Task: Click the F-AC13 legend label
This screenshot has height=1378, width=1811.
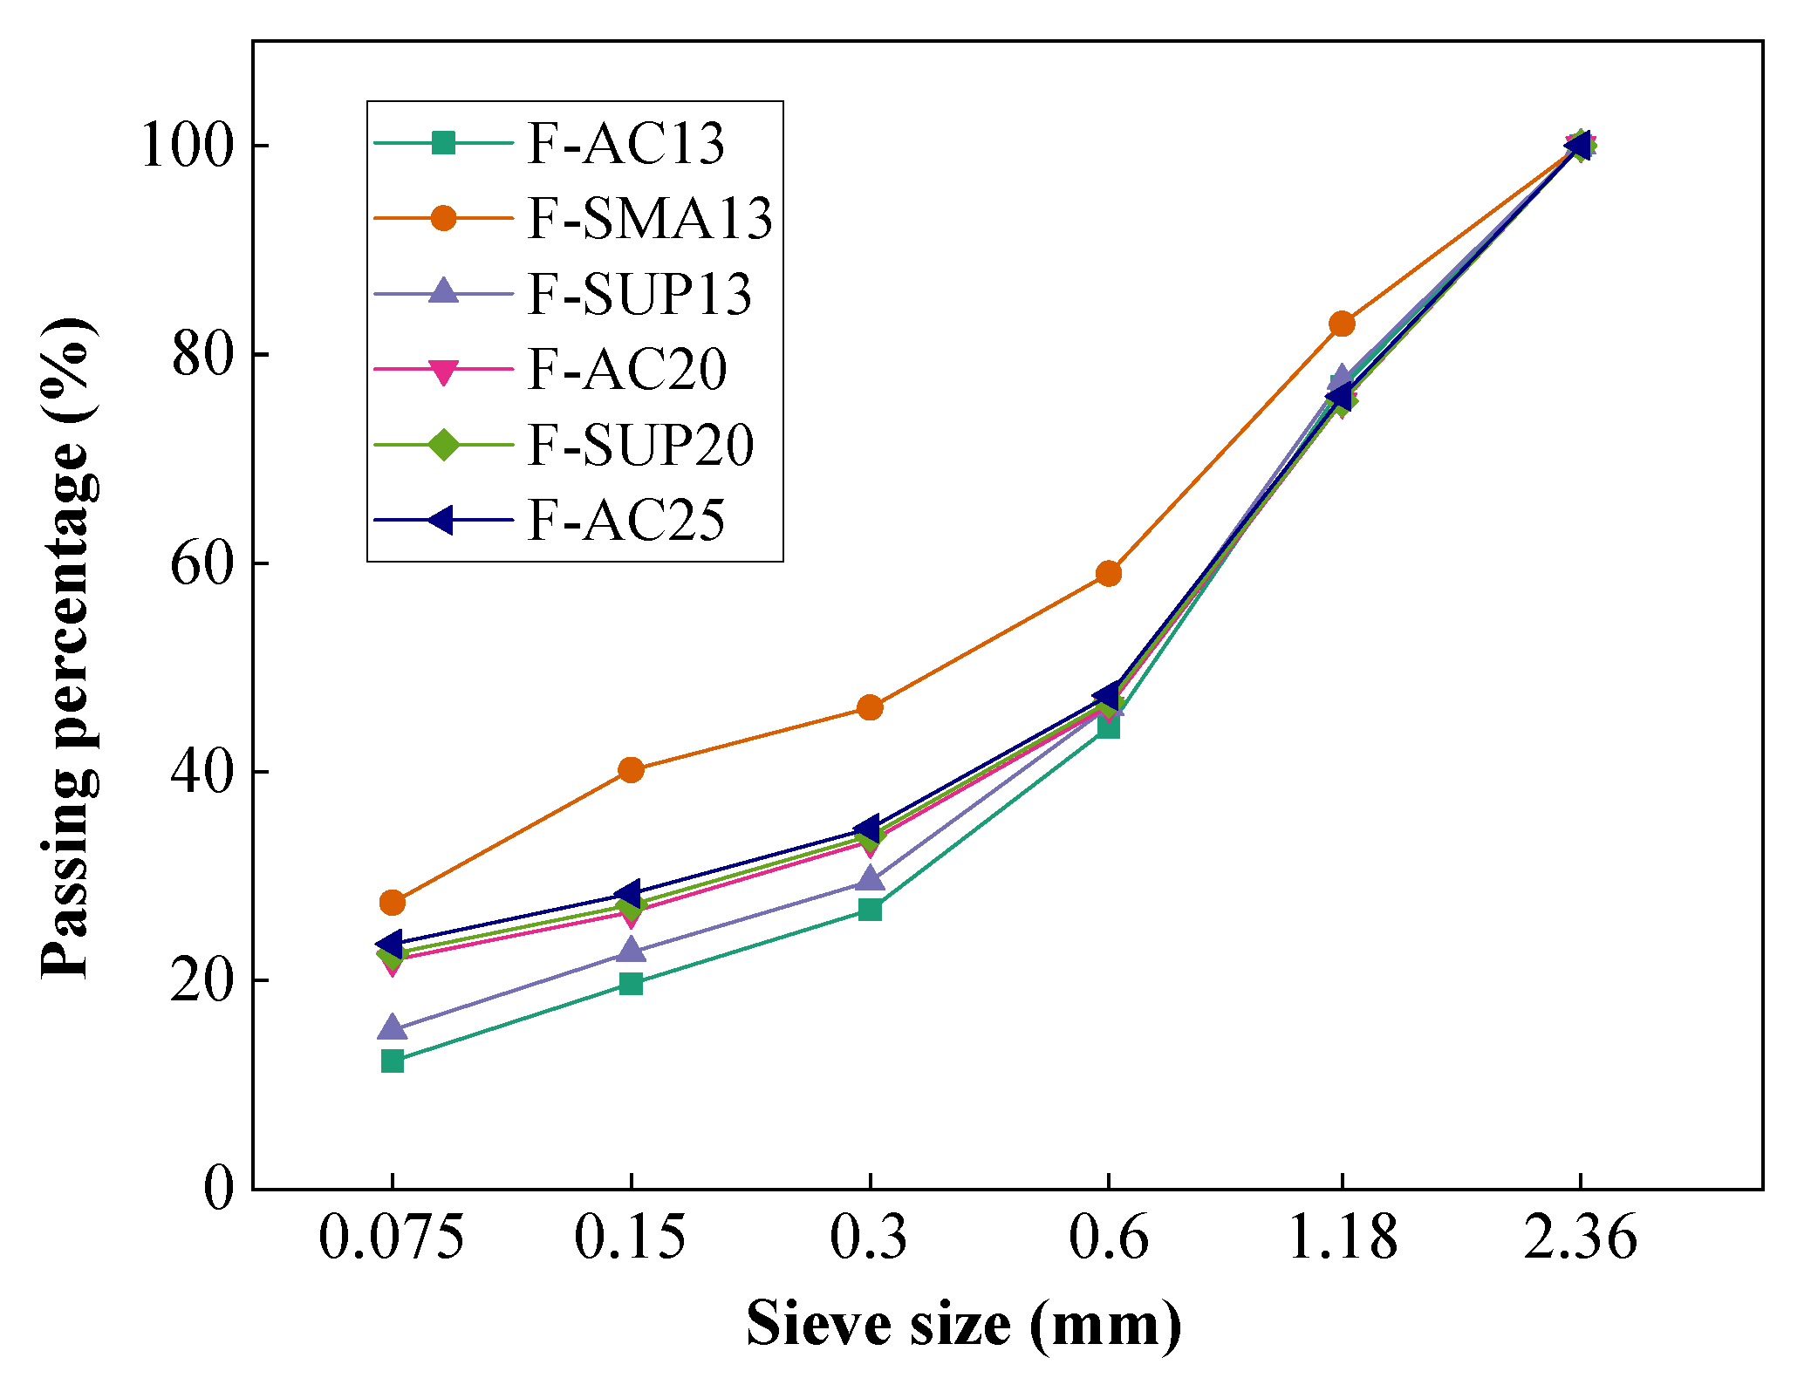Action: point(625,144)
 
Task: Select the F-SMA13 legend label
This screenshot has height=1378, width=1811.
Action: point(649,219)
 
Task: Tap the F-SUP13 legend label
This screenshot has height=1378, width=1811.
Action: point(639,295)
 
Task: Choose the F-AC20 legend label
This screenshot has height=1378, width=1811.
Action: point(626,370)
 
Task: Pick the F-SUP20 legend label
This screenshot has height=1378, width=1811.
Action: point(639,446)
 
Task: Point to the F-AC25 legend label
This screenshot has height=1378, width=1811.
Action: point(625,522)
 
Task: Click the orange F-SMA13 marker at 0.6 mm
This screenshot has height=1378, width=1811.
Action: point(1108,573)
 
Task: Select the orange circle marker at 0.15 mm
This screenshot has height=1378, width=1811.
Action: point(631,769)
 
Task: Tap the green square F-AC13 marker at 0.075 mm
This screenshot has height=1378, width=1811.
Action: point(393,1061)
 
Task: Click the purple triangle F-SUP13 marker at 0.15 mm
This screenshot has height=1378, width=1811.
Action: point(631,950)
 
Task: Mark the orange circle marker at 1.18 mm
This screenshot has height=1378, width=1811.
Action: point(1342,324)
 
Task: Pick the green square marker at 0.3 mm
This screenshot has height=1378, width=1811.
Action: point(870,910)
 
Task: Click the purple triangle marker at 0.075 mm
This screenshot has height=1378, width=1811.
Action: point(393,1028)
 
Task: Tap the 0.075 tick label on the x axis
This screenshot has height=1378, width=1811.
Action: point(391,1238)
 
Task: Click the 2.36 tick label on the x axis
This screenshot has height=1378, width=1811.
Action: point(1580,1238)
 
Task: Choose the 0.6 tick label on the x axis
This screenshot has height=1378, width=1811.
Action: point(1108,1238)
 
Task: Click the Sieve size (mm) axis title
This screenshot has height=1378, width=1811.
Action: point(963,1325)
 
